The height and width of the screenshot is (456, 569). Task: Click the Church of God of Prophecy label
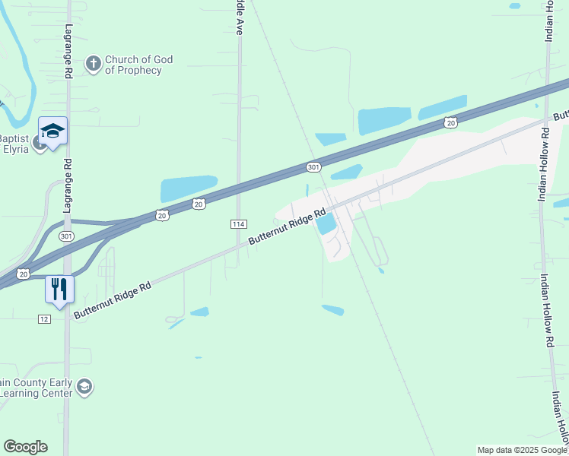click(x=138, y=65)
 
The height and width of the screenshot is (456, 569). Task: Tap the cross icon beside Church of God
click(x=93, y=64)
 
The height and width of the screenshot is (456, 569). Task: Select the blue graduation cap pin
click(x=53, y=132)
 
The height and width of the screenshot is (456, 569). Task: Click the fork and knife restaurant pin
click(x=59, y=289)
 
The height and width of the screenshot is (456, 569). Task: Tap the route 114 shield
click(x=238, y=223)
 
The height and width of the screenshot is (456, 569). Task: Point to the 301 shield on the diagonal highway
click(x=313, y=166)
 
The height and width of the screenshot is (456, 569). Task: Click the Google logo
click(x=25, y=447)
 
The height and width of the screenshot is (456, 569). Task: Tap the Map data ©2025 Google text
click(x=521, y=450)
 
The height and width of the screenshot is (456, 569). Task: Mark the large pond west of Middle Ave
click(x=189, y=188)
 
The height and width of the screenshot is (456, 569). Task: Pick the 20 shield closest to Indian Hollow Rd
click(x=451, y=122)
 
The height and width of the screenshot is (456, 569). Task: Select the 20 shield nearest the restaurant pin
click(x=24, y=274)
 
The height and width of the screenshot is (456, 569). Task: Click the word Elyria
click(x=15, y=148)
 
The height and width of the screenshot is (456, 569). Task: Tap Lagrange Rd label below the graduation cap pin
click(x=68, y=175)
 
